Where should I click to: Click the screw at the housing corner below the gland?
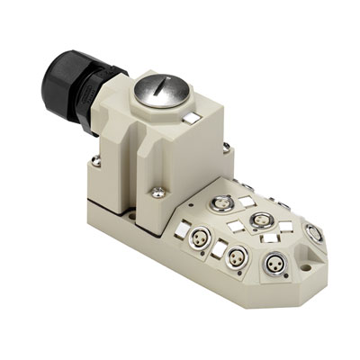(x=96, y=163)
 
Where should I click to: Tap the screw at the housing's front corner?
(x=157, y=191)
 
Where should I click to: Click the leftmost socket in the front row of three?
(x=201, y=240)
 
